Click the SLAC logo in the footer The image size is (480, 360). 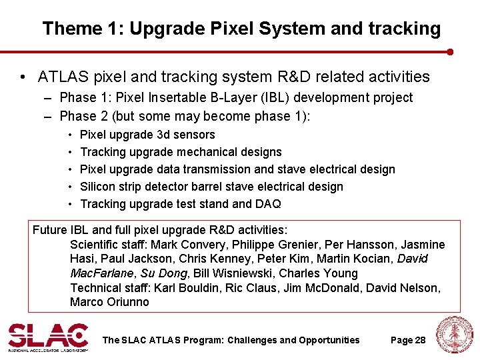coord(47,337)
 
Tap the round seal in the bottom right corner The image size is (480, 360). coord(453,336)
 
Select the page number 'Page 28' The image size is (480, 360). coord(407,340)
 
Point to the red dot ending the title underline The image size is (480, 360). coord(450,51)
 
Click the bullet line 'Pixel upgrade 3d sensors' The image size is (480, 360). coord(147,135)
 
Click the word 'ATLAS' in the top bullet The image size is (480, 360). coord(63,77)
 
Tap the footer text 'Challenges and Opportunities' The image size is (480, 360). coord(293,340)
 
